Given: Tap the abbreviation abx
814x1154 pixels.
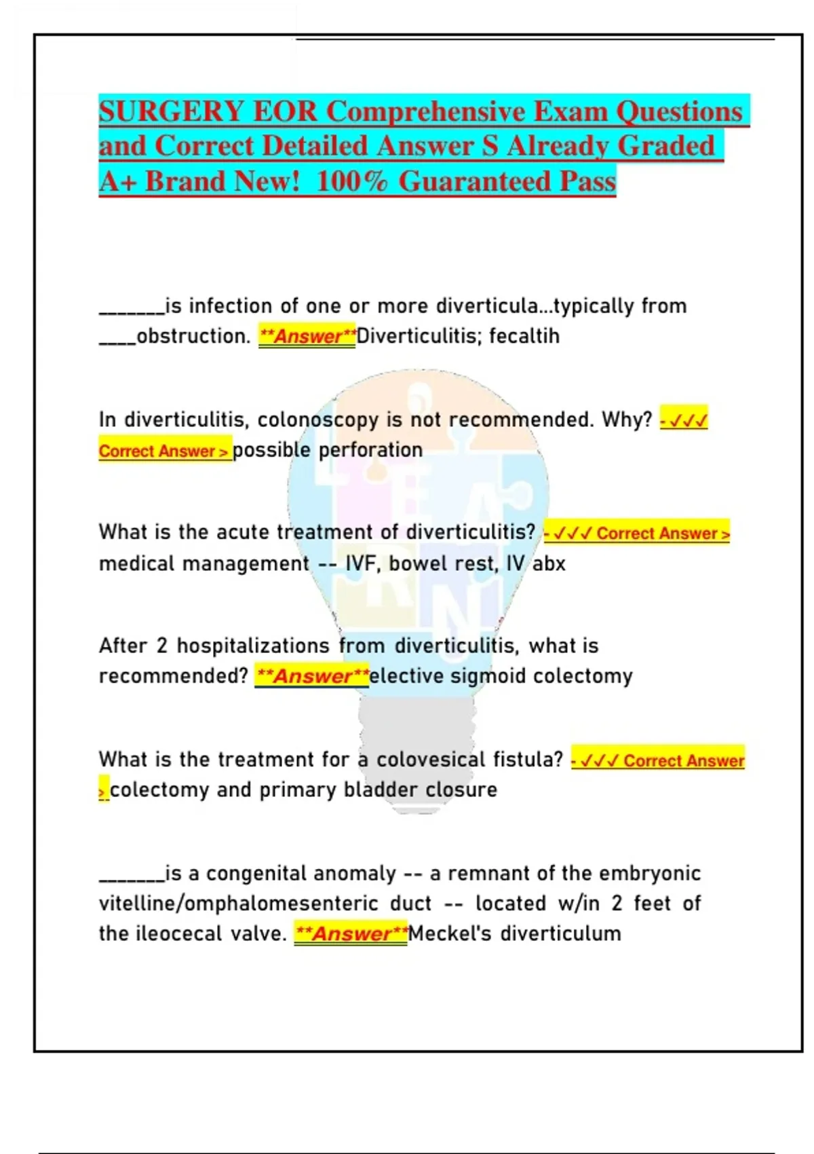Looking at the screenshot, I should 549,563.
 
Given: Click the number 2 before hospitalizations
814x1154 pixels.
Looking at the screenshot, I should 161,646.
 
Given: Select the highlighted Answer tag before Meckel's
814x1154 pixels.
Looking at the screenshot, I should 351,934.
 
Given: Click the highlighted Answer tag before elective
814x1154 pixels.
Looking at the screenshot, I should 312,676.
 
